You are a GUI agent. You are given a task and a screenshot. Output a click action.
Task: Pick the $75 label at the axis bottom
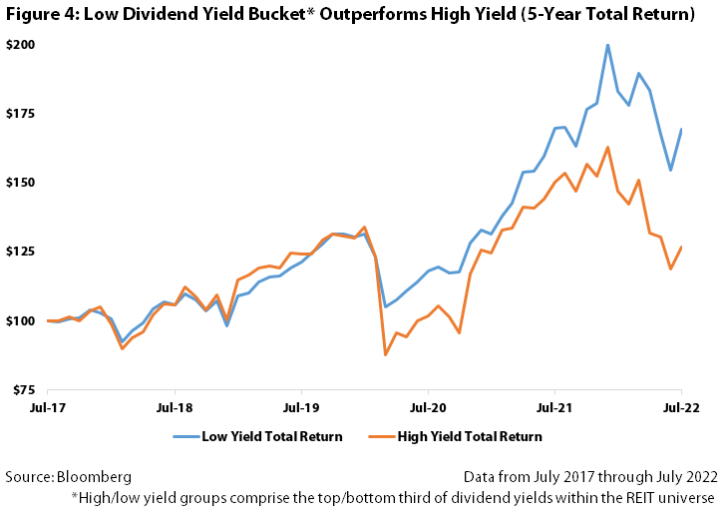point(23,389)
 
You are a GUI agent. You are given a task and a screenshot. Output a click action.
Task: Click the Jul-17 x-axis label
point(49,407)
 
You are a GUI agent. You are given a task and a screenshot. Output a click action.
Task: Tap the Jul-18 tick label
point(176,407)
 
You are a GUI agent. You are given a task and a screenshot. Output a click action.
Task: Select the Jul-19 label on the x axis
point(302,407)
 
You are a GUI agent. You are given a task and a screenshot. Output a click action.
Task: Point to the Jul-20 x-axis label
point(428,407)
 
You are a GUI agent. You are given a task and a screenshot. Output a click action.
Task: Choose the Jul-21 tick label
point(554,407)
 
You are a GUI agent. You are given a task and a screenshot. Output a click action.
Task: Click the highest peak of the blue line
point(607,45)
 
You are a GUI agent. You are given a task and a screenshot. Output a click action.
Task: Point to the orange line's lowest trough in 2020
point(385,354)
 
